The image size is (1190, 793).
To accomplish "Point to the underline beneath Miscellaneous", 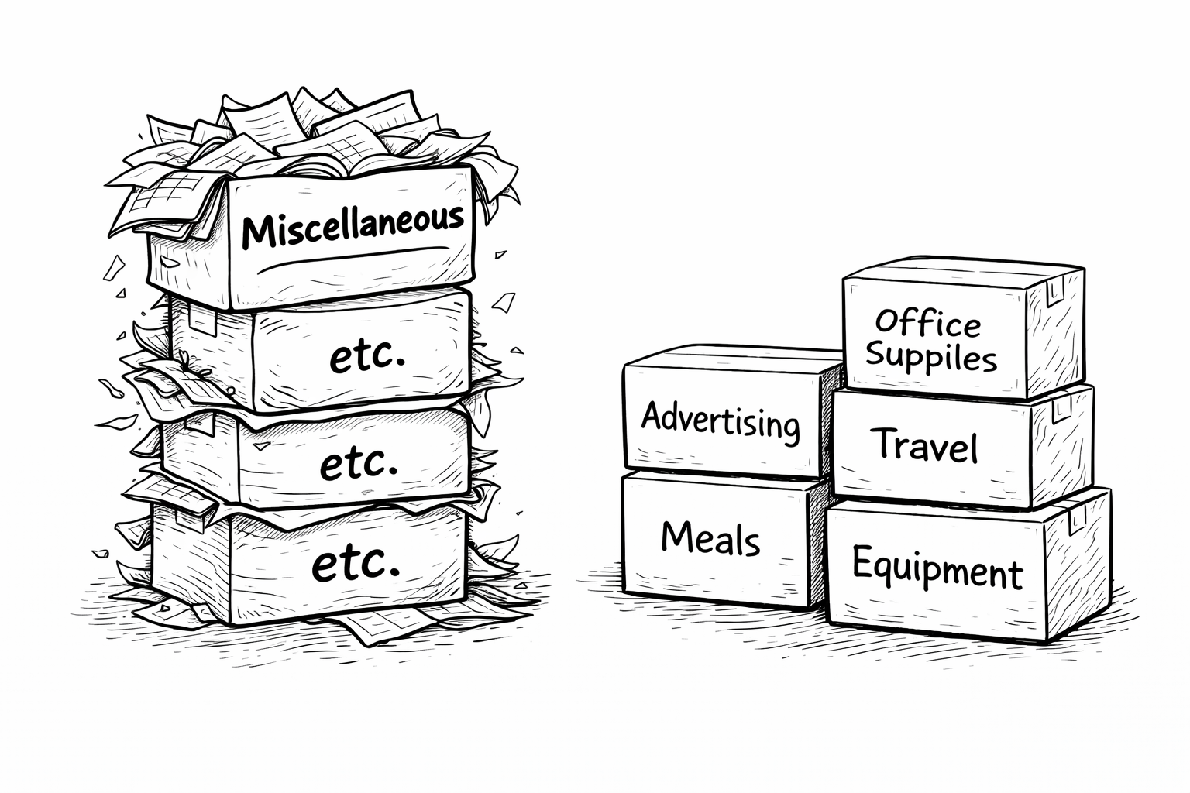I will point(353,260).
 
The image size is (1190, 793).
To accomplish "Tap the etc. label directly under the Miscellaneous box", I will point(367,356).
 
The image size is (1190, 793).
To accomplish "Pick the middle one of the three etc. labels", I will point(359,462).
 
